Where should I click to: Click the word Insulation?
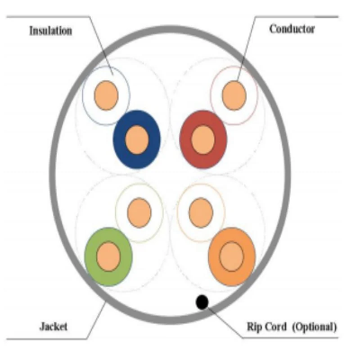[x=50, y=31]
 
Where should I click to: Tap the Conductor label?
[x=292, y=29]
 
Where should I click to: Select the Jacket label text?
[x=53, y=326]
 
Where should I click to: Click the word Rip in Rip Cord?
[x=254, y=327]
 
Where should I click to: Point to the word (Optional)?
[x=314, y=327]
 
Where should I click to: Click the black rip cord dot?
[x=202, y=301]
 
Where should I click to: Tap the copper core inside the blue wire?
[x=137, y=139]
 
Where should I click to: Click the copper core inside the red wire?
[x=202, y=139]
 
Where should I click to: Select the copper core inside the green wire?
[x=108, y=256]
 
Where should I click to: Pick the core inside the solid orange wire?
[x=231, y=256]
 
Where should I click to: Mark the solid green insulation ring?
[x=91, y=256]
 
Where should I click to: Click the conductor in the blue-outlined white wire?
[x=106, y=95]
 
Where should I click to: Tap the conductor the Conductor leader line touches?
[x=234, y=95]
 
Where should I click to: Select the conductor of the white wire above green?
[x=139, y=212]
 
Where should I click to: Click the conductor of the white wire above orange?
[x=201, y=212]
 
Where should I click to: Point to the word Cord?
[x=275, y=327]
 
